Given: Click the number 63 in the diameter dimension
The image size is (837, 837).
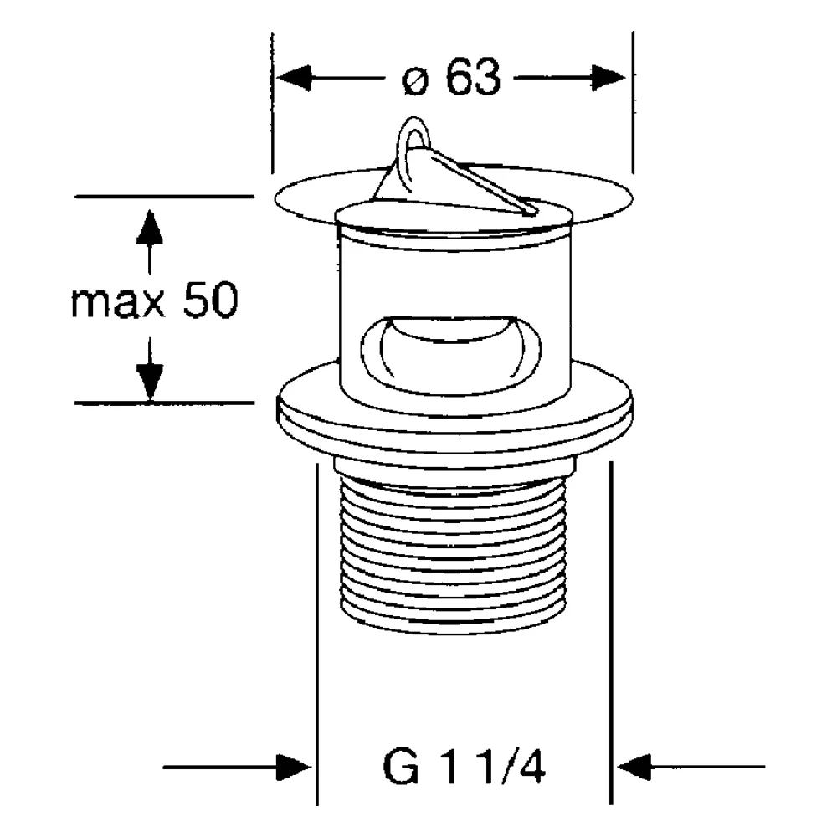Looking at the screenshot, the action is [x=474, y=77].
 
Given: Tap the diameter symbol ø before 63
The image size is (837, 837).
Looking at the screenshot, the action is [x=415, y=82].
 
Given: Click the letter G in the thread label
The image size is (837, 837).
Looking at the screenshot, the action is [x=400, y=768].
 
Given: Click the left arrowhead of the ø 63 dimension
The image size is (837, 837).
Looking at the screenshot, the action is [x=294, y=78].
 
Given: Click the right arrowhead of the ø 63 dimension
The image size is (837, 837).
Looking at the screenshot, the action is [x=608, y=78].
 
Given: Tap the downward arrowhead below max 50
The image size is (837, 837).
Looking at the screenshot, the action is [x=150, y=381].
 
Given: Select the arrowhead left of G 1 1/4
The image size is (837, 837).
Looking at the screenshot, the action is [x=294, y=768].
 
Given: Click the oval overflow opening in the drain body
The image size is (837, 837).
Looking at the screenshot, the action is [x=450, y=355].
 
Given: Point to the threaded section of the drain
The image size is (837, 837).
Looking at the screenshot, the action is [x=452, y=555].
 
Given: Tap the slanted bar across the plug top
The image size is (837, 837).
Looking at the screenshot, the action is [x=483, y=183].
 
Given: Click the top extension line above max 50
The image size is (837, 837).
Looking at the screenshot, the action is [x=164, y=197].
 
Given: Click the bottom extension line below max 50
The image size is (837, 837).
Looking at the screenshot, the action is [x=164, y=403].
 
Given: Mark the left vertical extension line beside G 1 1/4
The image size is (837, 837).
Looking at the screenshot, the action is [x=318, y=634].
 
